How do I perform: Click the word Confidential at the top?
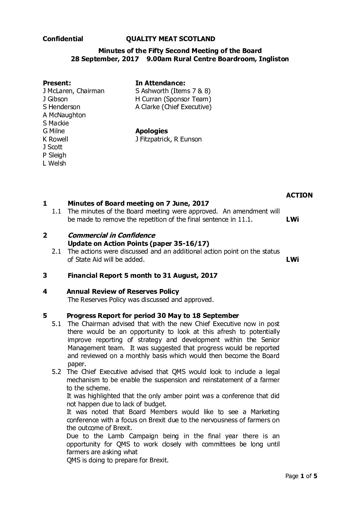(x=63, y=39)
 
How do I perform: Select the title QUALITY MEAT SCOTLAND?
(x=170, y=39)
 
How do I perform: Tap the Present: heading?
(x=57, y=83)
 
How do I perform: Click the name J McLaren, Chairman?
(x=73, y=91)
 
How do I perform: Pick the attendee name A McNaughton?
(x=64, y=115)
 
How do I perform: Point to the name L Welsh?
(x=54, y=163)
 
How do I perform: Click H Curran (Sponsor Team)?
(x=173, y=99)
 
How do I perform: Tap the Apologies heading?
(x=151, y=131)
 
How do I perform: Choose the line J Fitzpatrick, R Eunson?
(x=168, y=139)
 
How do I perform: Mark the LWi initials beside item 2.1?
(x=293, y=260)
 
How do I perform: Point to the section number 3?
(x=45, y=275)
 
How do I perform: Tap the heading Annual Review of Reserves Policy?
(x=123, y=291)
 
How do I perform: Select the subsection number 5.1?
(x=56, y=323)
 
